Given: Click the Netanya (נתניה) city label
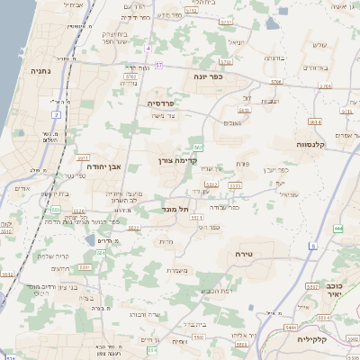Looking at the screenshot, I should [x=40, y=69].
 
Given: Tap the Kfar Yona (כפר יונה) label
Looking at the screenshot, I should [x=208, y=76].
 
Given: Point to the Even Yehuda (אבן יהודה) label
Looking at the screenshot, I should [x=104, y=166].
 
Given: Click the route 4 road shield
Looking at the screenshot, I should [x=147, y=47].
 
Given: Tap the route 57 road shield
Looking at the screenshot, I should [x=158, y=65].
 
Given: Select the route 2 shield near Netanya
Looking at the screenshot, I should [x=56, y=115].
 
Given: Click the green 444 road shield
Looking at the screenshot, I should [x=338, y=229].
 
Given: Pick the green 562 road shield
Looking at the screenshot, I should [x=197, y=147].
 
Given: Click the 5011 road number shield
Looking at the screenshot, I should [x=85, y=266].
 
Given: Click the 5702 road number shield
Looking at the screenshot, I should [x=130, y=78].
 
